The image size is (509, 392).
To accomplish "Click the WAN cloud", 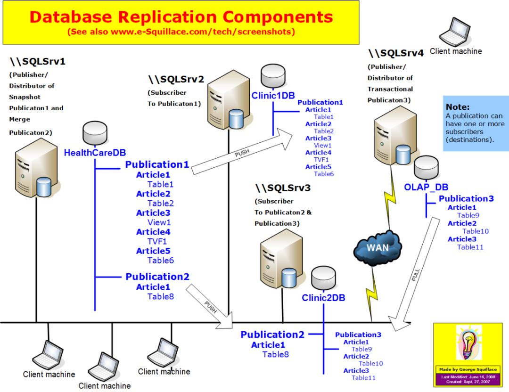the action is pos(377,248).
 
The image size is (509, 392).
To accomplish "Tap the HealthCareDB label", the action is pos(95,153).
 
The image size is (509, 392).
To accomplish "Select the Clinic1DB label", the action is pos(273,95).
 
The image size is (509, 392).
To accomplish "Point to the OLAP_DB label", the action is pos(426,187).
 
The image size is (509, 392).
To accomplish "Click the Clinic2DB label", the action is pos(323,298).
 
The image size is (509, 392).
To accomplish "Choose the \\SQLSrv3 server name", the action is pos(283,188).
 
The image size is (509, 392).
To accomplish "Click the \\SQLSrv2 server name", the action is pos(176,79).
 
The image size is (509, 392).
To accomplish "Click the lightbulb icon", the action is pos(468,343).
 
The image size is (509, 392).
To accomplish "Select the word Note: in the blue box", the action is pos(457,107).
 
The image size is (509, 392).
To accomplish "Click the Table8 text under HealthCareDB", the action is pos(160,297).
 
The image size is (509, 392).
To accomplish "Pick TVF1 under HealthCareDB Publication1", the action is pos(157,241).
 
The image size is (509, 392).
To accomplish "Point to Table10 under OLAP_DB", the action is pos(475,231).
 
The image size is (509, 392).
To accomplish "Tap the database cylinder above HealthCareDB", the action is pos(95,133).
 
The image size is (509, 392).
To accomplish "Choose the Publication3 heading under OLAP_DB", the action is pos(466,199).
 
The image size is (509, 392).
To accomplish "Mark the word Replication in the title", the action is pos(167,17).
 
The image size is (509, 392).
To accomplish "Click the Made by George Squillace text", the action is pos(468,369).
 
